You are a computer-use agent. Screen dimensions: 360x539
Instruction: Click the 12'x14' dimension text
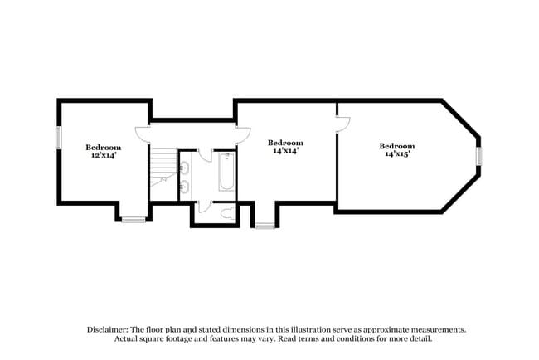pos(104,154)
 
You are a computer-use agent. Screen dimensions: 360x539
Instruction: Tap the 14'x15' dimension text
pos(397,153)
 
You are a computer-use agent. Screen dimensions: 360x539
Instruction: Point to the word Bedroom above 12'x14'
pos(104,147)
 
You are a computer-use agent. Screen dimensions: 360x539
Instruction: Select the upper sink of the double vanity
pos(187,168)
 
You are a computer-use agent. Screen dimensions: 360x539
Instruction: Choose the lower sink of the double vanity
pos(187,186)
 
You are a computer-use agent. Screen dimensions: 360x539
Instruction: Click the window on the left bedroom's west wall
pos(58,137)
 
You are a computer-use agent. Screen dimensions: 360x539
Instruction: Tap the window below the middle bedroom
pos(265,225)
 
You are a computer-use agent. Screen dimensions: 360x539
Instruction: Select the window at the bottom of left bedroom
pos(133,220)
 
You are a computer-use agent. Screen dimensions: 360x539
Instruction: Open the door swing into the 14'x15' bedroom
pos(343,122)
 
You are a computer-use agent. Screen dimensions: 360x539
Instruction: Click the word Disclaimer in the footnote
pos(110,329)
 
